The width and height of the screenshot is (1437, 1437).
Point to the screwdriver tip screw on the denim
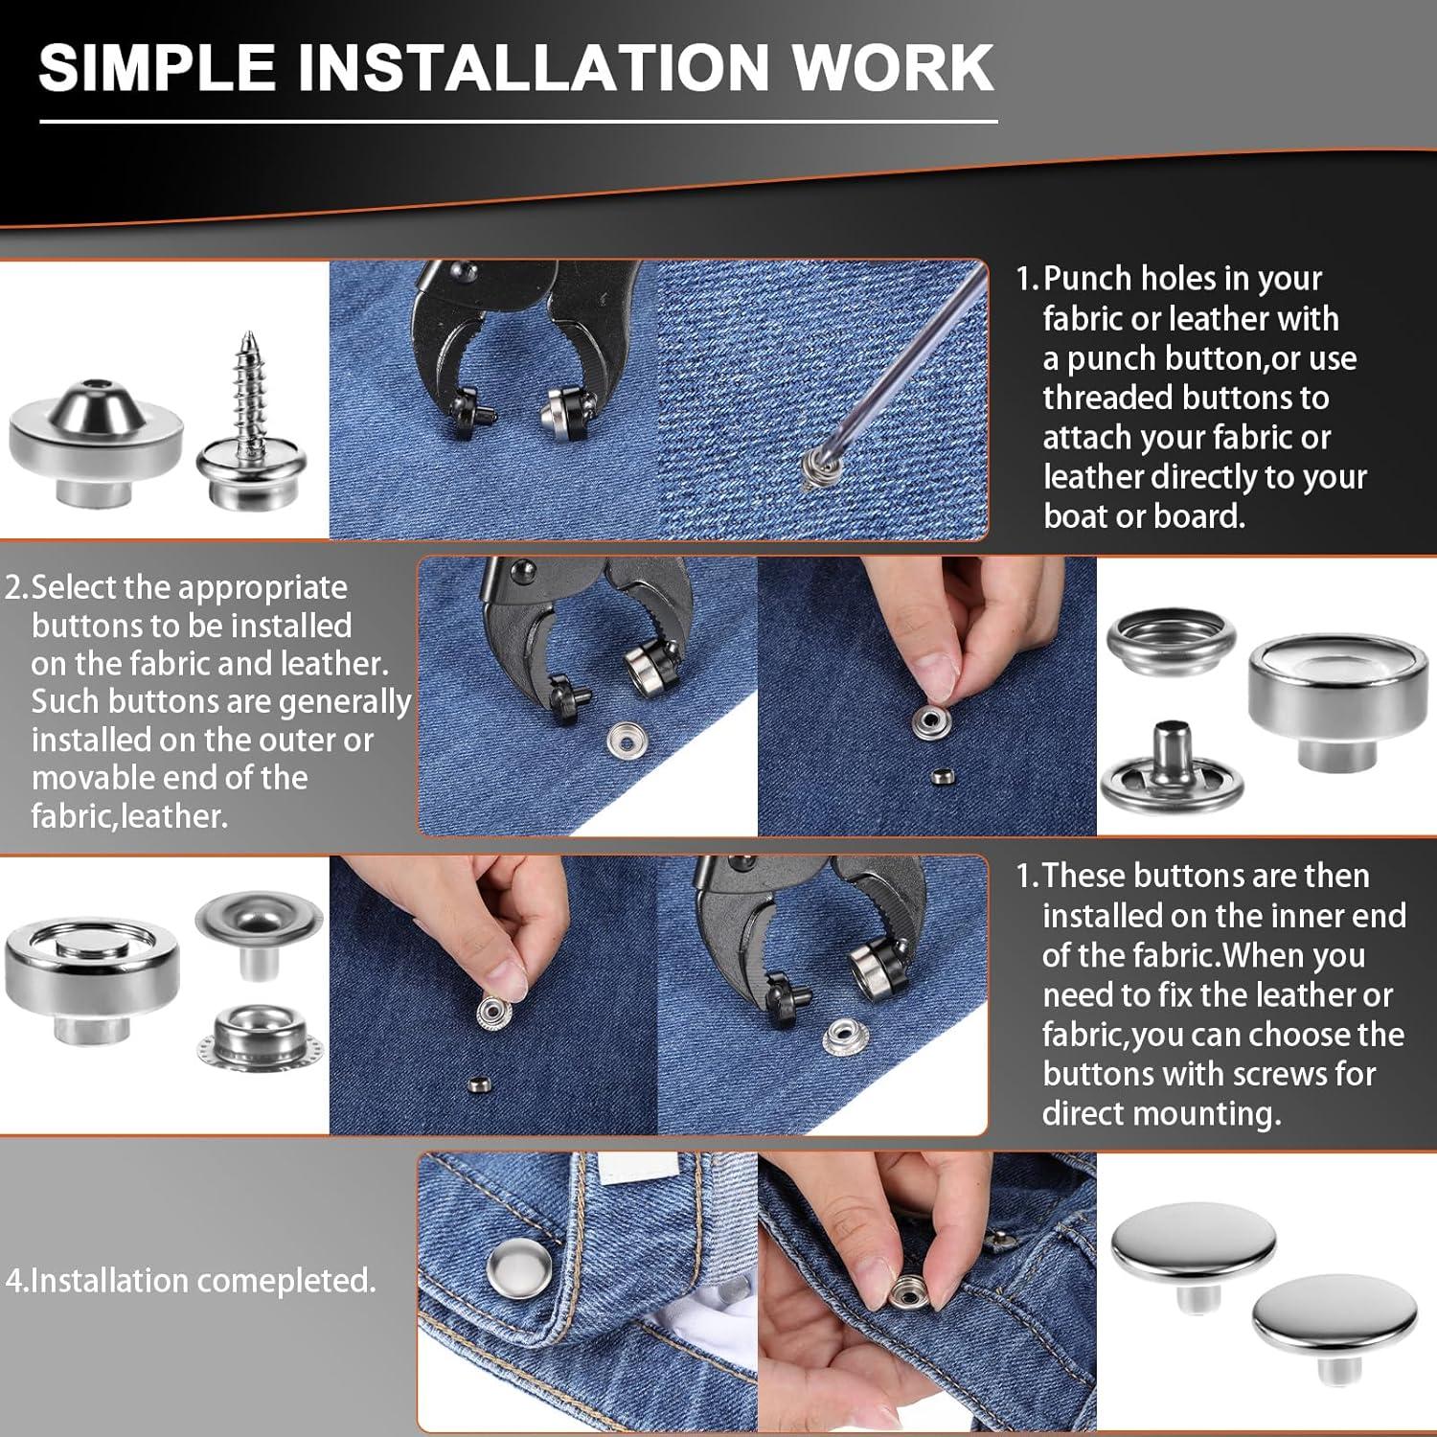pos(814,470)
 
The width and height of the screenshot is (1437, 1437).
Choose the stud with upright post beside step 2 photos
pos(1173,766)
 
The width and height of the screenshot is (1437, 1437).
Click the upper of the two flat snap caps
pos(1194,1253)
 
